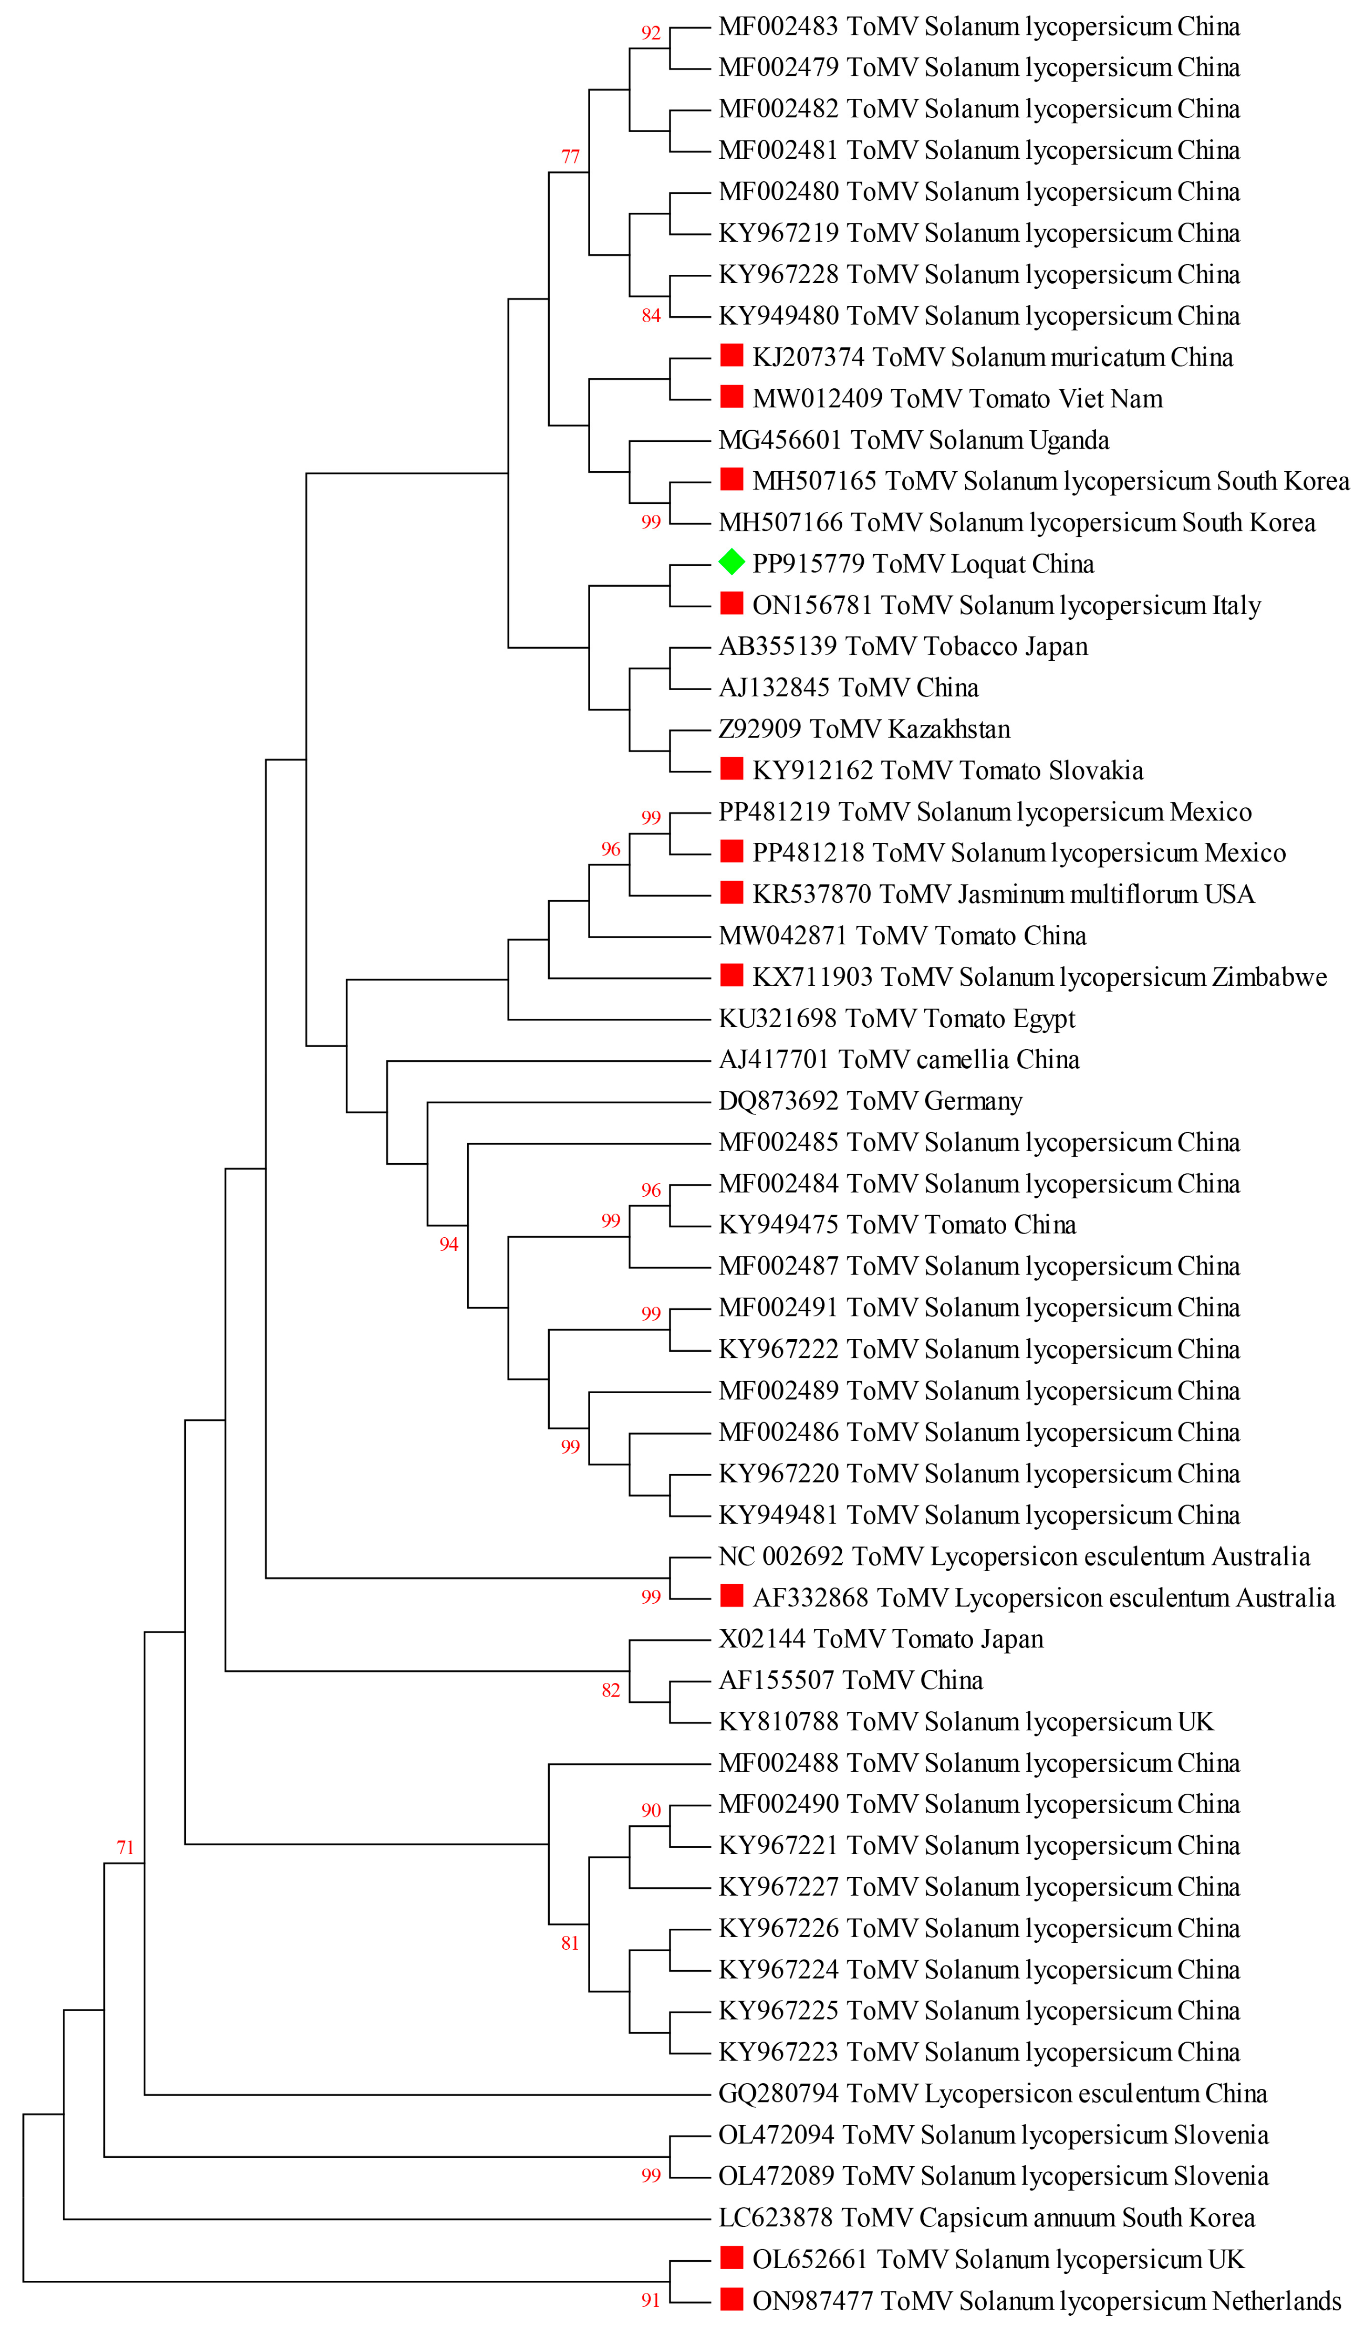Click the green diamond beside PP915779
731,562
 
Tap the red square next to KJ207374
731,355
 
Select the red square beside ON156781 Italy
731,603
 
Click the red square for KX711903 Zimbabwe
731,976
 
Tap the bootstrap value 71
125,1848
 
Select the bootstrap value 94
449,1245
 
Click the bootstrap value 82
611,1691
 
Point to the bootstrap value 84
651,317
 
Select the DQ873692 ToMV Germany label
870,1101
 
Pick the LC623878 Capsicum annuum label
986,2218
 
